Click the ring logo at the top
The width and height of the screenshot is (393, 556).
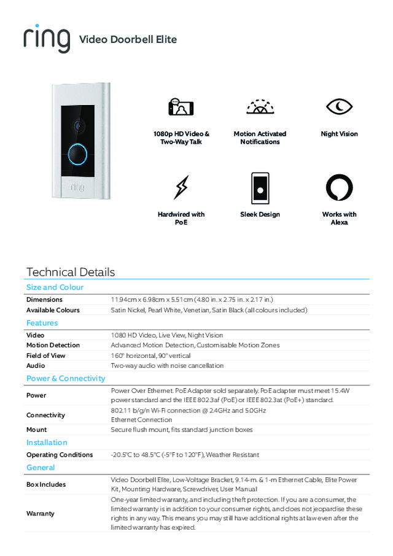click(x=46, y=39)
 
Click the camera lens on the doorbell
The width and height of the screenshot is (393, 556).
click(x=78, y=125)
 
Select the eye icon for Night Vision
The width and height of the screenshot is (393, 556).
click(x=339, y=107)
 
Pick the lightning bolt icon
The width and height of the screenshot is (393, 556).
click(x=181, y=187)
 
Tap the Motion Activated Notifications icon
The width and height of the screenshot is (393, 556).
click(x=260, y=107)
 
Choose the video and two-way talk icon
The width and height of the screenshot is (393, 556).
click(x=181, y=107)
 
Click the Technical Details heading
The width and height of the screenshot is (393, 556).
click(x=71, y=272)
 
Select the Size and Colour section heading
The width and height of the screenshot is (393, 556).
click(x=55, y=287)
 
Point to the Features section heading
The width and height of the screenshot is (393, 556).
click(x=42, y=323)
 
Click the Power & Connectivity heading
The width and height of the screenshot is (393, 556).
click(x=66, y=379)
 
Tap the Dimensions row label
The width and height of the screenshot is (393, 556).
click(x=44, y=299)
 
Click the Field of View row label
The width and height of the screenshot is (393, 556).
click(x=45, y=355)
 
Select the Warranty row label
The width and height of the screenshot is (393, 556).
click(x=40, y=513)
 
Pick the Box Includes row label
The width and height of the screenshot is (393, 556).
click(x=46, y=484)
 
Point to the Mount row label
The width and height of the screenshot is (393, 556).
click(x=36, y=430)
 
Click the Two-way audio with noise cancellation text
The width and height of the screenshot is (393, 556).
click(x=167, y=366)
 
